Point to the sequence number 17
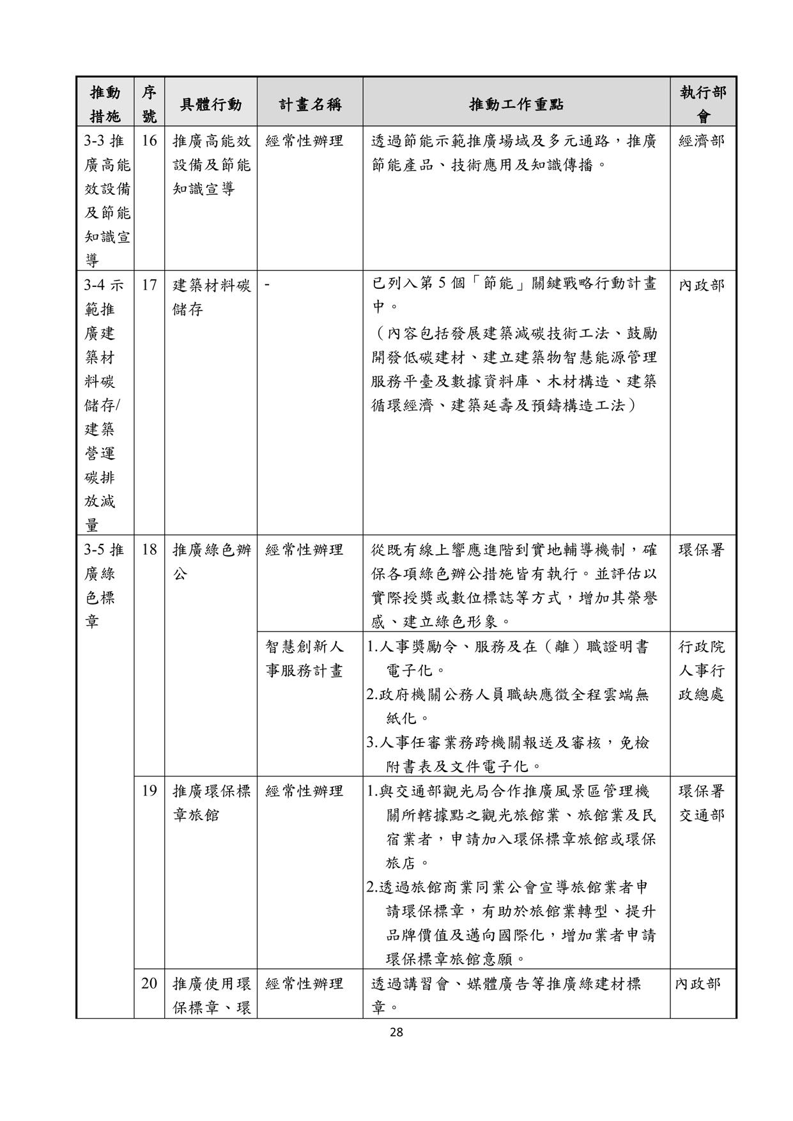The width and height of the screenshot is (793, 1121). (x=149, y=285)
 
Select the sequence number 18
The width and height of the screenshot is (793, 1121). (x=149, y=550)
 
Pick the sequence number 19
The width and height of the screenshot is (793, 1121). (x=149, y=791)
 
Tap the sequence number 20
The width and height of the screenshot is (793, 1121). (x=149, y=984)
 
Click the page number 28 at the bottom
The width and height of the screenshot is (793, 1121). (x=396, y=1031)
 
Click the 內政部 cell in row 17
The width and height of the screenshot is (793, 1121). (x=702, y=285)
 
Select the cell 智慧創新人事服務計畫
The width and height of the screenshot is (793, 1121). (x=305, y=659)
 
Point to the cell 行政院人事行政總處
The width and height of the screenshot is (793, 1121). (x=702, y=671)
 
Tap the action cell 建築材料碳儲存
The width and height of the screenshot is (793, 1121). (x=212, y=297)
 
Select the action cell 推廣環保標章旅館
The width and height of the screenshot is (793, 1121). (x=212, y=803)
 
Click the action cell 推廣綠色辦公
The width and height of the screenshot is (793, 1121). (x=212, y=561)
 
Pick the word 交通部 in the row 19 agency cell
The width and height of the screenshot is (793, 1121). (x=702, y=816)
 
